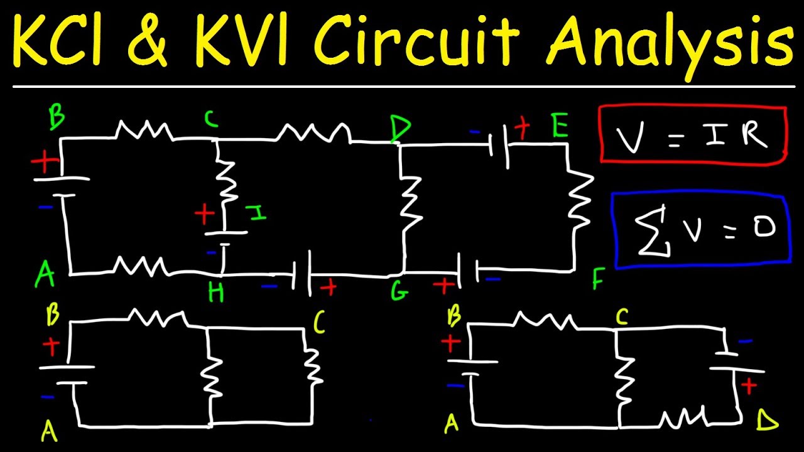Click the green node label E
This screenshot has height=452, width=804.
click(559, 127)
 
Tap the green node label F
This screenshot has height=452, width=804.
click(597, 280)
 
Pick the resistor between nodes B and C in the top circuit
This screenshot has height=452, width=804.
click(143, 130)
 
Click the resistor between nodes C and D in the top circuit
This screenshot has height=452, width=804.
click(314, 131)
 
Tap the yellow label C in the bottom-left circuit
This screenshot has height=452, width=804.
click(319, 324)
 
